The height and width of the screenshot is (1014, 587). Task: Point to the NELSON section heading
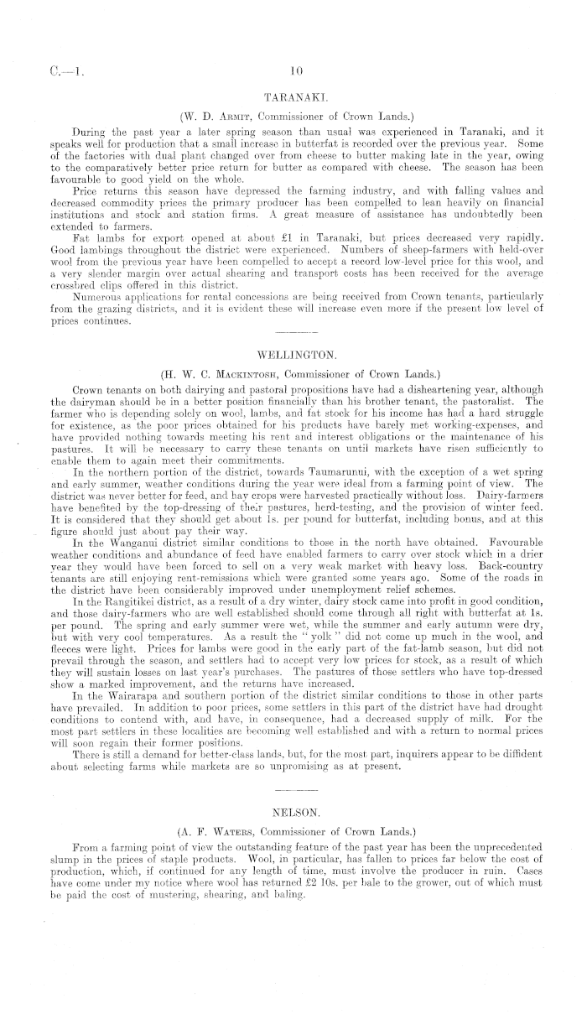293,813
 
